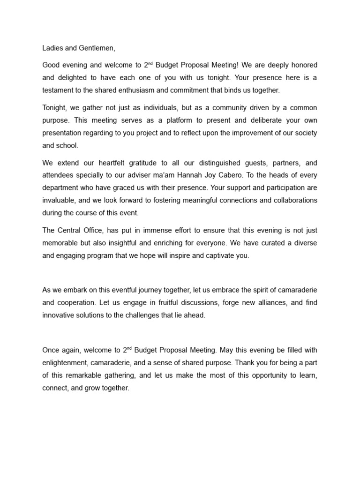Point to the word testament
[57, 90]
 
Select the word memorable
[60, 243]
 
